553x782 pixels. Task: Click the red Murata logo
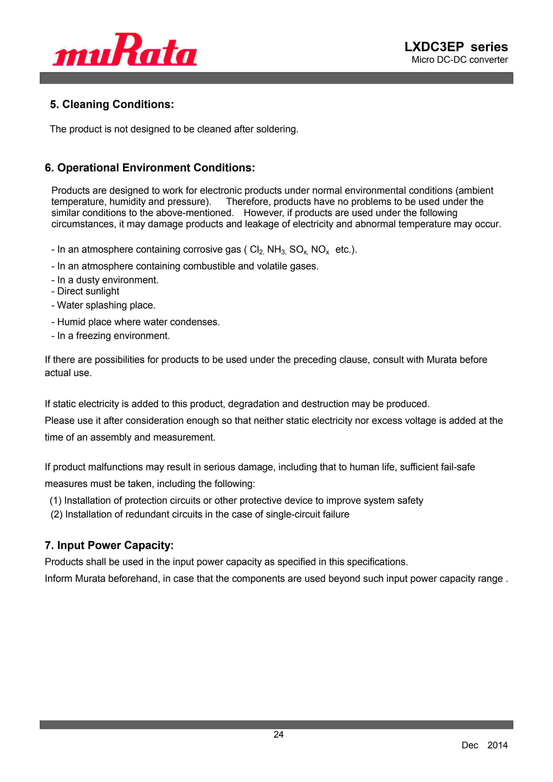coord(125,50)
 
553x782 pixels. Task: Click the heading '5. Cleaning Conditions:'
coord(112,104)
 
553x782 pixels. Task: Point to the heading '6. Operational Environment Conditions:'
coord(150,168)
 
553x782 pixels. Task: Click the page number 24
coord(278,734)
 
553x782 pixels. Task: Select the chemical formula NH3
coord(276,250)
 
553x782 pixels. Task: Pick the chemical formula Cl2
coord(256,250)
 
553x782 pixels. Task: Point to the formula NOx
coord(320,250)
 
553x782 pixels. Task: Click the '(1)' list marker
coord(56,500)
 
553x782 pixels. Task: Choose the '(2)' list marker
coord(56,514)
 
